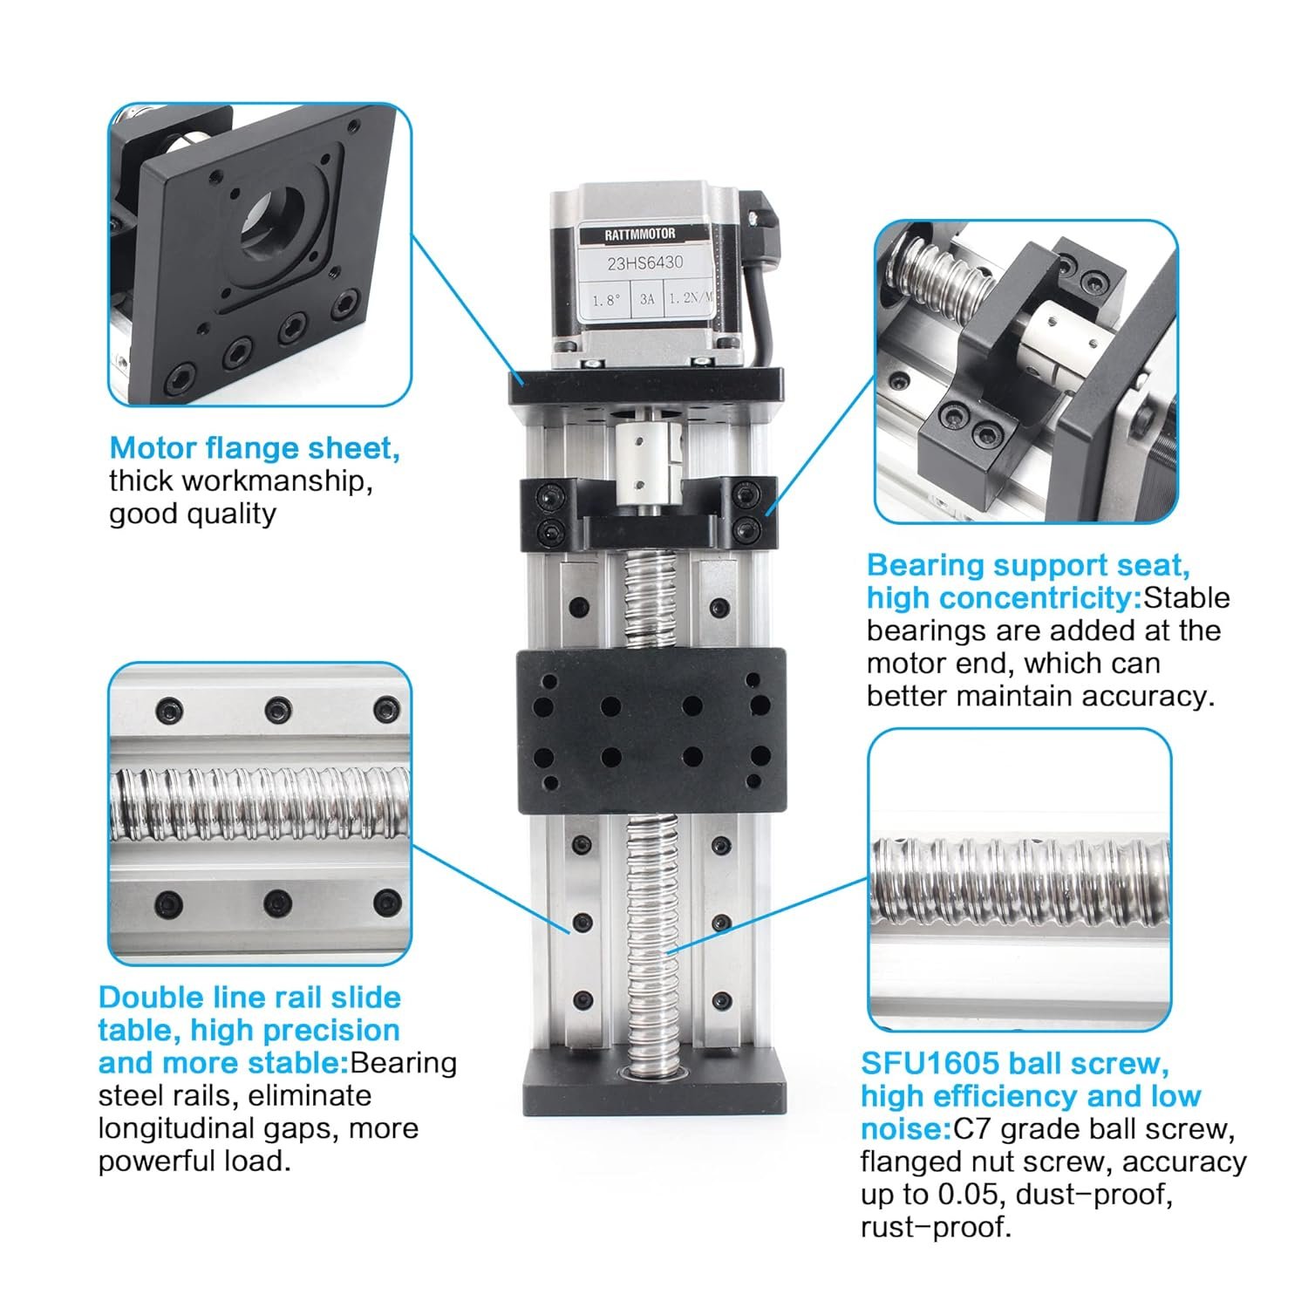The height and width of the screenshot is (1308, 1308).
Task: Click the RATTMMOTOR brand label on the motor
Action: pos(639,235)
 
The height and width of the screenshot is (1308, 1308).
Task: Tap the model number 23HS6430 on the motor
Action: pos(644,262)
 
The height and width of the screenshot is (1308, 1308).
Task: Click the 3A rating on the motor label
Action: pos(646,299)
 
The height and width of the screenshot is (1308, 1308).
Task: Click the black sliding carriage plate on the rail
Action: pos(651,731)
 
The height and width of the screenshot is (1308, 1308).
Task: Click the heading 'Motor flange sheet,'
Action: pos(255,448)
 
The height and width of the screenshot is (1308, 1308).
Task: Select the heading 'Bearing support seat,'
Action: pos(1028,565)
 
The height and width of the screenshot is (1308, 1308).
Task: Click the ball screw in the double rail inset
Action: pos(259,802)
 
